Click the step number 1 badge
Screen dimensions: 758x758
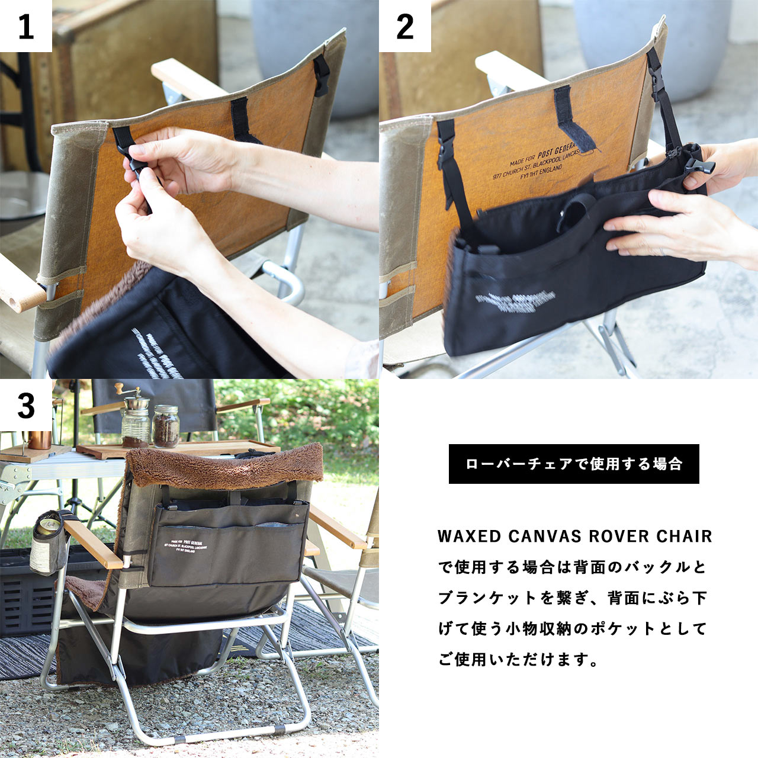tap(25, 26)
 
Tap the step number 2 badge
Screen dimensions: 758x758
tap(404, 26)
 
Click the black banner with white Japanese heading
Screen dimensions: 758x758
tap(573, 464)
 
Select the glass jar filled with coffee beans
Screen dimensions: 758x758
tap(166, 426)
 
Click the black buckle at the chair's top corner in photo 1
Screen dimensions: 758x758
tap(322, 76)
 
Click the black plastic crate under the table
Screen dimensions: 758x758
tap(24, 592)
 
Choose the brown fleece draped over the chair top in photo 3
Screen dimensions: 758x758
tap(225, 468)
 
